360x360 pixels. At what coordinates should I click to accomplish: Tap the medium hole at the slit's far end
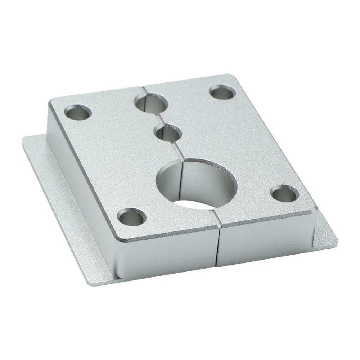coord(152,102)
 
